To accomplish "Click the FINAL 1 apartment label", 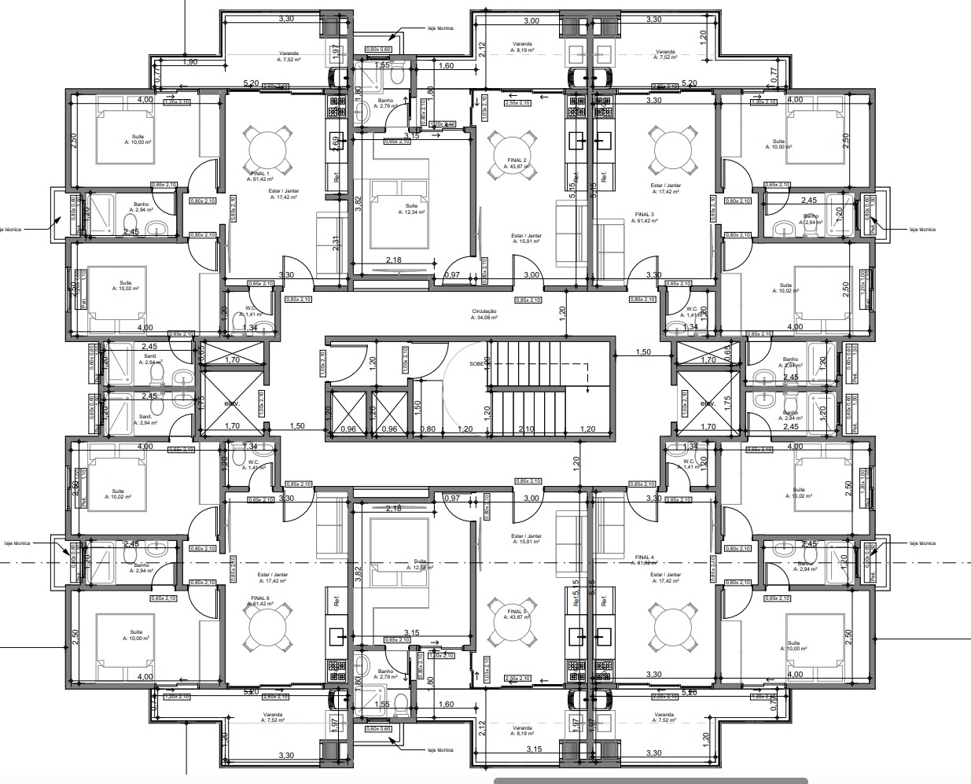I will tap(259, 174).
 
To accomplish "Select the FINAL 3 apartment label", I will tap(645, 215).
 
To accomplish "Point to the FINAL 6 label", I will tap(261, 598).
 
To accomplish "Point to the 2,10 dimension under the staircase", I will tap(527, 429).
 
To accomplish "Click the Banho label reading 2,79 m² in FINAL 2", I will tap(385, 103).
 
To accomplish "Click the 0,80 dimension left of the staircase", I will tap(428, 429).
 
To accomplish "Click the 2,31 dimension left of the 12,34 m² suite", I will tap(336, 244).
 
